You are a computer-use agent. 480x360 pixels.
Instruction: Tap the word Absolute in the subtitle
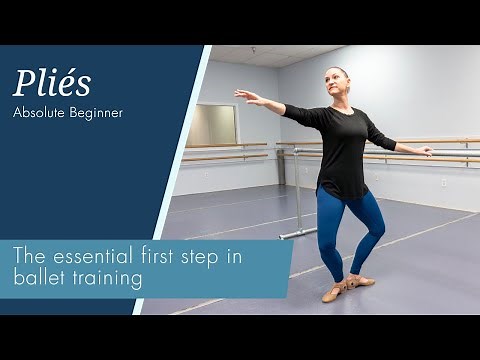point(40,113)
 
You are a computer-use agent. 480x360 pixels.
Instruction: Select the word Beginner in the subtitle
point(96,113)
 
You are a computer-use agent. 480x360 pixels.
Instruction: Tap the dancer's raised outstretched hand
point(243,96)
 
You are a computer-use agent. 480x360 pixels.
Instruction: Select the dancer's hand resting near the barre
point(427,151)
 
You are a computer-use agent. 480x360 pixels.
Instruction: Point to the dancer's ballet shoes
point(345,289)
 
